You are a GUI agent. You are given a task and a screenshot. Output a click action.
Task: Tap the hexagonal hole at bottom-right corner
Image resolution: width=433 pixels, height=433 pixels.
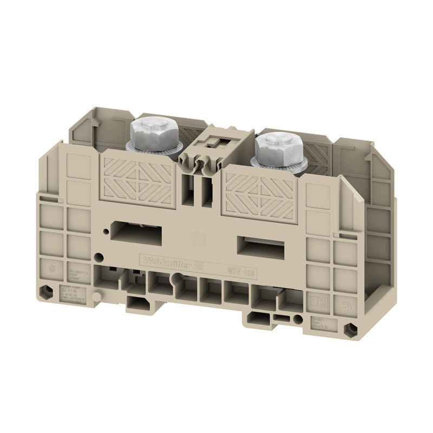tap(352, 329)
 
